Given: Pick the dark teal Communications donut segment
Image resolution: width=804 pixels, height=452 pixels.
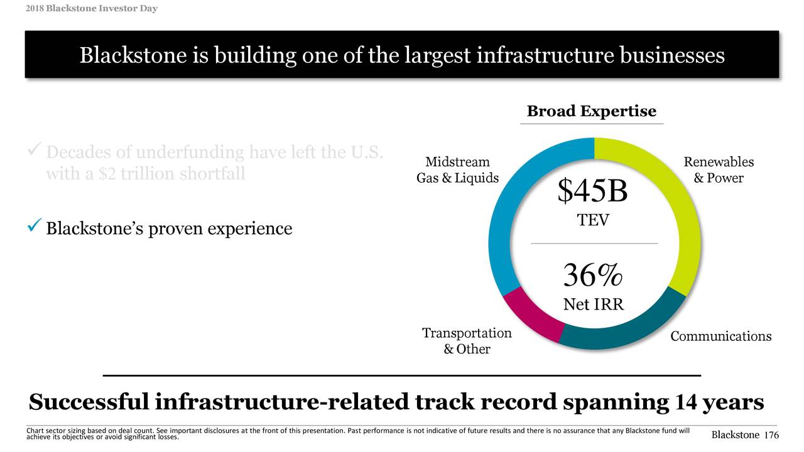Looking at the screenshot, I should [x=628, y=332].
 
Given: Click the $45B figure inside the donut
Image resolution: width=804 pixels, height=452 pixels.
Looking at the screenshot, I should [x=592, y=191].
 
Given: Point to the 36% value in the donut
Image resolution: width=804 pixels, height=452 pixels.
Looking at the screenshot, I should [x=593, y=276].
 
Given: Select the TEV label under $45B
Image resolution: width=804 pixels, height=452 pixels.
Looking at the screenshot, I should [x=593, y=220].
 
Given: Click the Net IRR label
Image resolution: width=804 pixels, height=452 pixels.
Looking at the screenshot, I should [x=593, y=304].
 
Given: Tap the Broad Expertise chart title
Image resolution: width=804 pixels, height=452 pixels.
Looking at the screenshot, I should [x=591, y=111].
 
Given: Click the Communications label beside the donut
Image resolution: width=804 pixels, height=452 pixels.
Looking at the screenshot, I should [x=720, y=336].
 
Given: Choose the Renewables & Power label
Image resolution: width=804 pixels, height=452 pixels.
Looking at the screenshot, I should [x=718, y=170].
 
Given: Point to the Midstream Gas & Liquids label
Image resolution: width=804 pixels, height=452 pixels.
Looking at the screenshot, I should [x=457, y=170].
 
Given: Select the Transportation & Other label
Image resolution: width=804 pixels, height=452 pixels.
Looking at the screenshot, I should [x=467, y=341].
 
